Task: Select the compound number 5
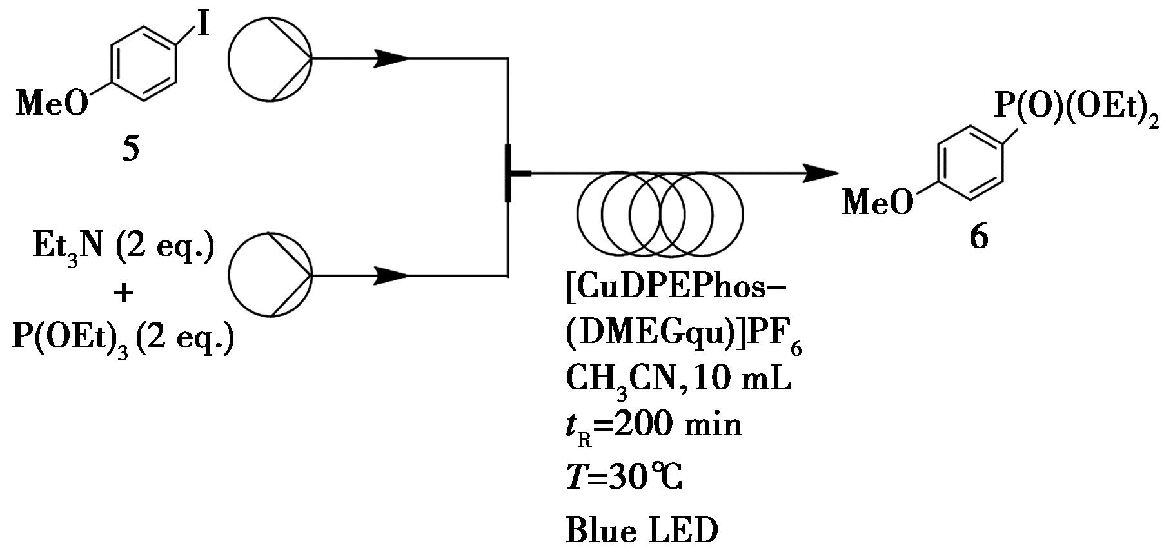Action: coord(130,150)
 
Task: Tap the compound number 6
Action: coord(978,238)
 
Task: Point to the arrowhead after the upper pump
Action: coord(391,59)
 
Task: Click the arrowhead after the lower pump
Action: coord(391,275)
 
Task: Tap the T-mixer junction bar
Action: coord(508,173)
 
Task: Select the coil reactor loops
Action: coord(660,213)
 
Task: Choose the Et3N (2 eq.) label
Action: coord(123,248)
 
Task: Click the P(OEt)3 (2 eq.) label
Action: coord(123,337)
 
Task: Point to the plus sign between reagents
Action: coord(123,293)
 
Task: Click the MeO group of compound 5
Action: coord(52,103)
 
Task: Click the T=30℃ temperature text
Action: coord(624,478)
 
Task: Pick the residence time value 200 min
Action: coord(677,426)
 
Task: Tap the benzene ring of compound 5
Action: coord(143,63)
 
